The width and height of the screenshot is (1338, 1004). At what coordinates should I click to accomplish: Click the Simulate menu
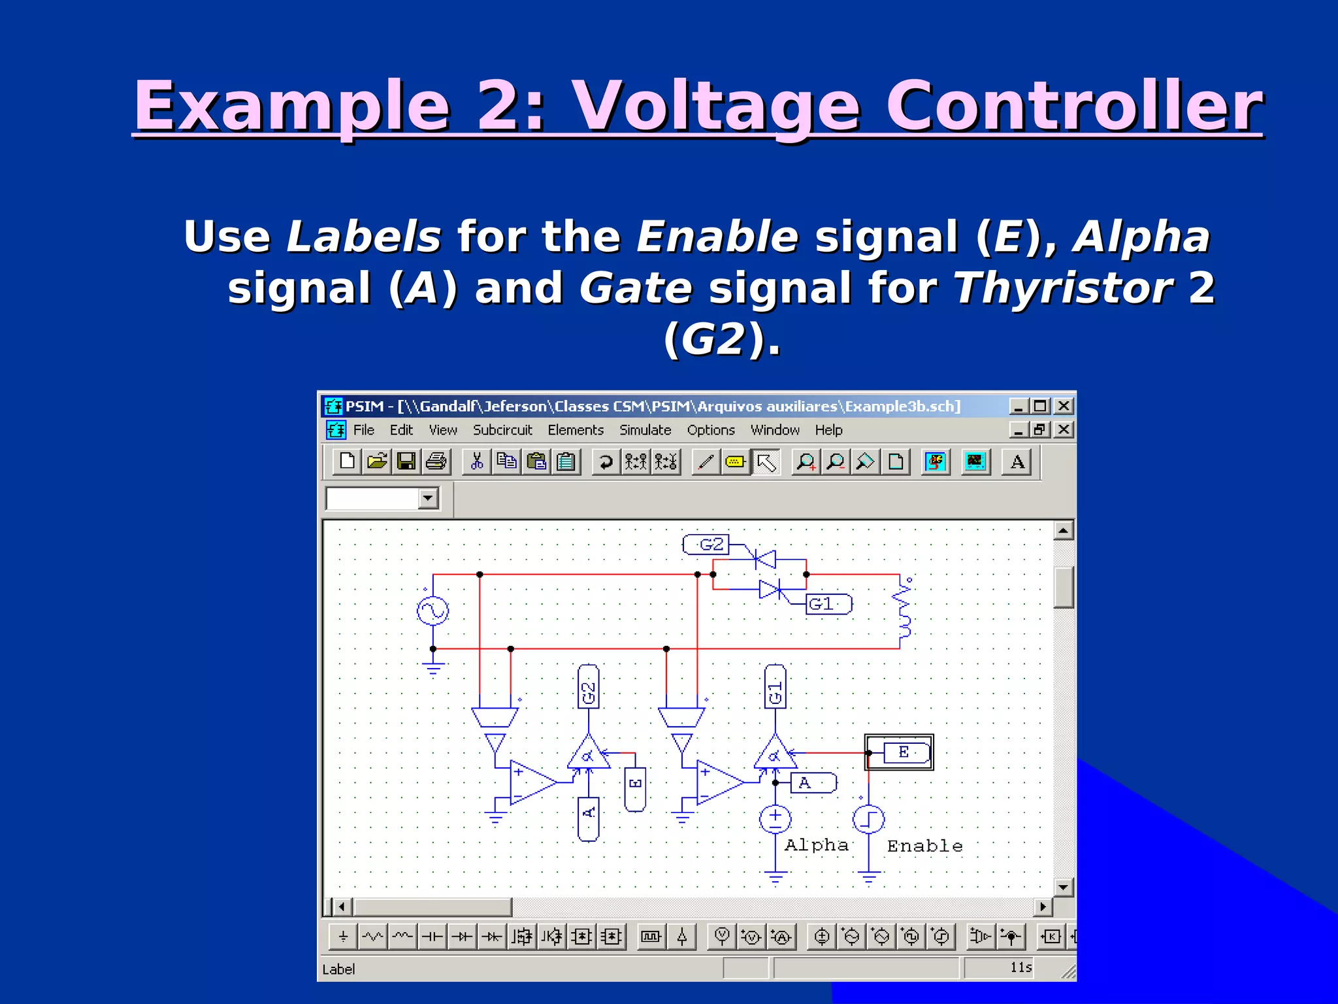pos(645,430)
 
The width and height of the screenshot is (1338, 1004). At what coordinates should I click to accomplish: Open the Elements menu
pos(575,430)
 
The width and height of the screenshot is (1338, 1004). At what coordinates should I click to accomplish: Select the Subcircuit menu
pos(502,430)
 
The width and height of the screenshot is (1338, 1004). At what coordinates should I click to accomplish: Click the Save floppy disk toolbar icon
pos(406,461)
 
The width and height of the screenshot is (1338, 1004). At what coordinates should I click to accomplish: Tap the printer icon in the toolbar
pos(436,461)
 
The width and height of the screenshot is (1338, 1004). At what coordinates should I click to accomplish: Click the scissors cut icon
pos(477,461)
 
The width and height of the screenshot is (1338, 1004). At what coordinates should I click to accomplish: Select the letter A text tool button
pos(1017,462)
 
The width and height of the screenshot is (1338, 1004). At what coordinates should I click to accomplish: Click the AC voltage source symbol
pos(432,611)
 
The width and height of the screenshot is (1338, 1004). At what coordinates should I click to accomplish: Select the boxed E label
pos(904,752)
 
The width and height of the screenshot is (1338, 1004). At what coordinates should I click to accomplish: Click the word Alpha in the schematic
pos(816,845)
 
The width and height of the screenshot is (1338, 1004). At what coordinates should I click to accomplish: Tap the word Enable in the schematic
pos(924,846)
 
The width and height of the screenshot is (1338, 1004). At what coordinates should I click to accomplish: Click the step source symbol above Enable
pos(868,819)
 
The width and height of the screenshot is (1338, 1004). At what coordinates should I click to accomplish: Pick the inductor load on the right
pos(904,611)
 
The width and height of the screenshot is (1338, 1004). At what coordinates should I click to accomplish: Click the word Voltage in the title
pos(716,106)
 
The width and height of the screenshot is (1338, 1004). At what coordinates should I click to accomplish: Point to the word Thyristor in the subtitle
pos(1063,288)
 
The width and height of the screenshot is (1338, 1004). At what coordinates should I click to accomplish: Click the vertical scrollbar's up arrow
pos(1064,531)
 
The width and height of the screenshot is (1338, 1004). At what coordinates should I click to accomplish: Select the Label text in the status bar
pos(338,969)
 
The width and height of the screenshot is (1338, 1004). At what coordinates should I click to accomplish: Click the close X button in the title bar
pos(1064,406)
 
